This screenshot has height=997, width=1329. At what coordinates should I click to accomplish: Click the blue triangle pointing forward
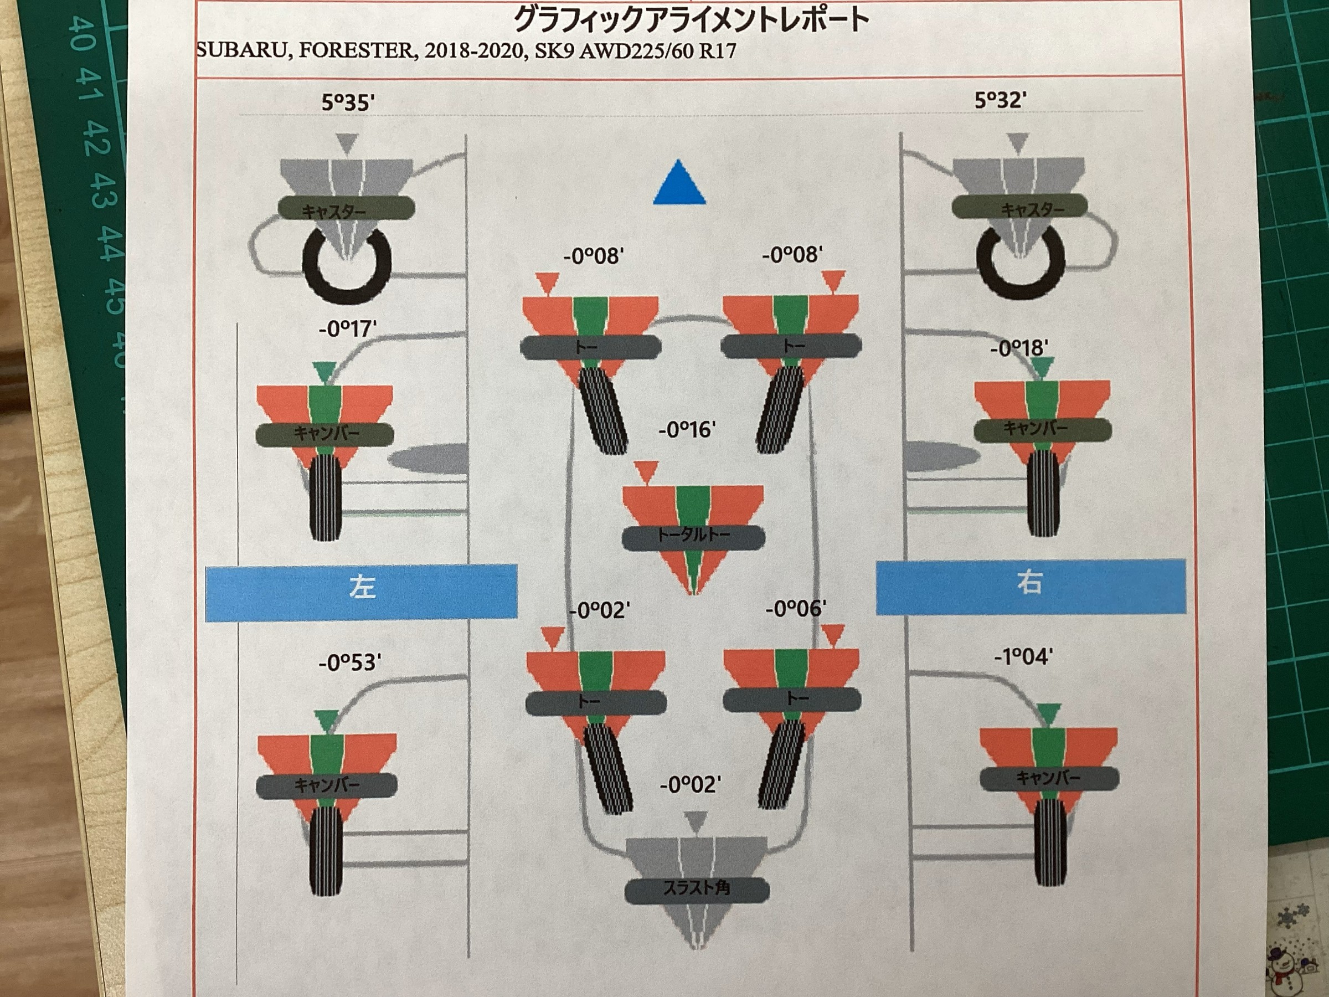(679, 183)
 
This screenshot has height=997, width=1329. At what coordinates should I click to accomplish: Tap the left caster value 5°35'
(348, 102)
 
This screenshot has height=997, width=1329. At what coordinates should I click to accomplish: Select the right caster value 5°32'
(1001, 100)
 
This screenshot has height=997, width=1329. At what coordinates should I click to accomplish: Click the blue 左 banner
(361, 592)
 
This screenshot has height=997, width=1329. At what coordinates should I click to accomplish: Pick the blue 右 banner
(1031, 587)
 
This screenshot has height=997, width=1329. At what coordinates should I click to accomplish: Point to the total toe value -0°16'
(687, 430)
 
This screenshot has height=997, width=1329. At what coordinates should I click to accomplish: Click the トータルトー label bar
(693, 537)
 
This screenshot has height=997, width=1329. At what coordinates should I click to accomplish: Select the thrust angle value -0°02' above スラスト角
(691, 784)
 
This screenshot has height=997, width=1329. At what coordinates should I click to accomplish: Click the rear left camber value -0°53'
(349, 662)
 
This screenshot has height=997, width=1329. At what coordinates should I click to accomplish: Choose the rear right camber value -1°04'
(1023, 656)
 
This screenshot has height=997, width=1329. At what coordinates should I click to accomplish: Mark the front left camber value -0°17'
(348, 328)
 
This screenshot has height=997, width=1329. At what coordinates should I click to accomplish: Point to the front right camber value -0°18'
(1019, 348)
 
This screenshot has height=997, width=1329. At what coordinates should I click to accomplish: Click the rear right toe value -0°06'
(796, 609)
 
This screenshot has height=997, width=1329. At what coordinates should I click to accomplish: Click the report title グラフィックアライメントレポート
(692, 19)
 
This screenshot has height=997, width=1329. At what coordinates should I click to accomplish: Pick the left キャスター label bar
(346, 208)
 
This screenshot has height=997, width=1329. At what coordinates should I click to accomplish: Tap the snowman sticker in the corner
(1292, 968)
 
